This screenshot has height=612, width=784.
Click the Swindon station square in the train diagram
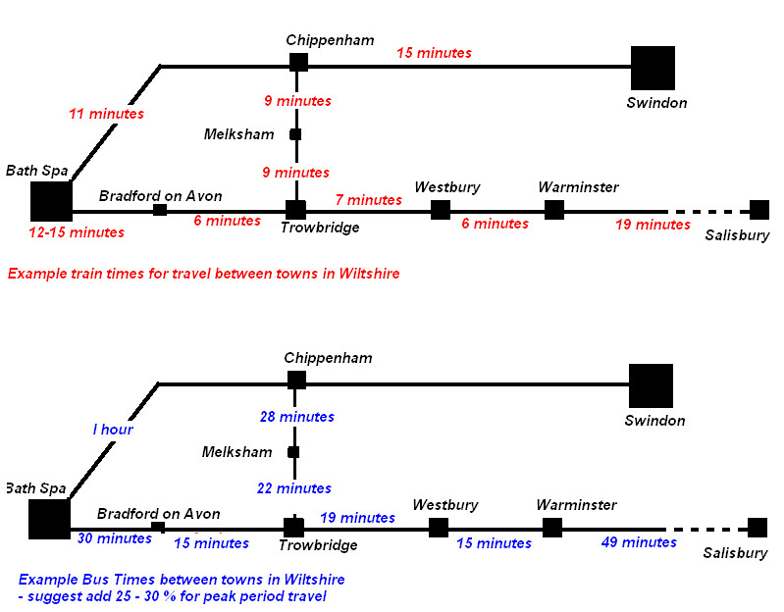[x=653, y=68]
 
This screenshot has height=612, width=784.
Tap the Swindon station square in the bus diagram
[x=651, y=385]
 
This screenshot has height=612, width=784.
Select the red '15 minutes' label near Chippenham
[x=434, y=53]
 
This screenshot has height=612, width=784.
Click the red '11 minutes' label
[x=106, y=114]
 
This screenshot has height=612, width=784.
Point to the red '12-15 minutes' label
[x=78, y=232]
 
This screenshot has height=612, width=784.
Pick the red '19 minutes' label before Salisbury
[x=653, y=225]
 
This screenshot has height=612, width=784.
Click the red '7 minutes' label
[x=368, y=200]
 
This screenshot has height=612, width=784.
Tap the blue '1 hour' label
[x=113, y=430]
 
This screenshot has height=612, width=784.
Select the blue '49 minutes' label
[x=639, y=542]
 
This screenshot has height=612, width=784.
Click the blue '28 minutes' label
[x=297, y=417]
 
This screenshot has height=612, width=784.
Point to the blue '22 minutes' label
[x=295, y=487]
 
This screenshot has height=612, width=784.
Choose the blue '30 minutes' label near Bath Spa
[x=113, y=537]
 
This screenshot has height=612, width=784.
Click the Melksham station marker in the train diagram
[x=295, y=134]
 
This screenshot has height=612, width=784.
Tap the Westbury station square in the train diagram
[x=441, y=209]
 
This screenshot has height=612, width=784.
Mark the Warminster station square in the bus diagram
[x=552, y=528]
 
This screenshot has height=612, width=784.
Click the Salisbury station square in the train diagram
[x=758, y=209]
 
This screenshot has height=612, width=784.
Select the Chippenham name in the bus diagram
[x=328, y=358]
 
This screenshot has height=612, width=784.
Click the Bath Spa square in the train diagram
[x=51, y=201]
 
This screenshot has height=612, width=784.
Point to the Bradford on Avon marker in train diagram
[x=160, y=209]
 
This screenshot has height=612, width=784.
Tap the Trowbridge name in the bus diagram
[x=318, y=545]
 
